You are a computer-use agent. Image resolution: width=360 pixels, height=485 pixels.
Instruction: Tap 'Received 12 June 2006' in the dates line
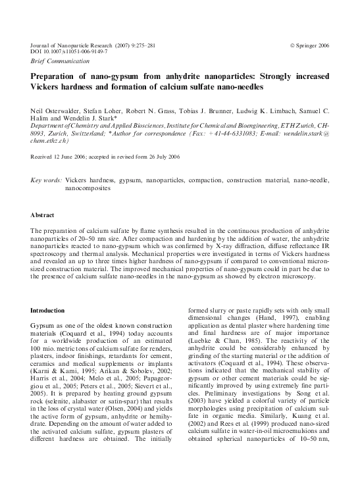pos(61,157)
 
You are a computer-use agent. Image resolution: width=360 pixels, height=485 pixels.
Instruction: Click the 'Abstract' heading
pos(42,215)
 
